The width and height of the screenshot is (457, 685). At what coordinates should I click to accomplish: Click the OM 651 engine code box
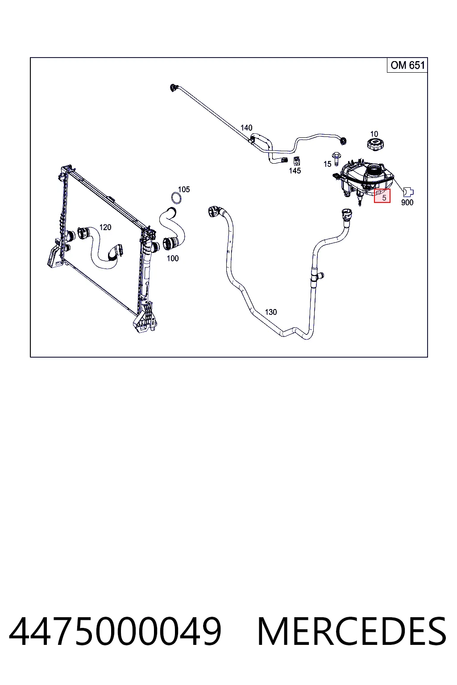[x=407, y=65]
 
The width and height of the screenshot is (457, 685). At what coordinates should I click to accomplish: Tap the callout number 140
[x=246, y=128]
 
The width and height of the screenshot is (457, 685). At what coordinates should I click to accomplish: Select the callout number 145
[x=295, y=171]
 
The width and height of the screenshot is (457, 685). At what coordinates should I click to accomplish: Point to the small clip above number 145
[x=296, y=161]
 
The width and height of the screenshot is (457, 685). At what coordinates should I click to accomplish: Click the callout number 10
[x=374, y=134]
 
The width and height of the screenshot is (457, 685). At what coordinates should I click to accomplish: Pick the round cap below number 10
[x=375, y=144]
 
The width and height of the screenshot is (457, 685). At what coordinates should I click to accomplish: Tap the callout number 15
[x=327, y=164]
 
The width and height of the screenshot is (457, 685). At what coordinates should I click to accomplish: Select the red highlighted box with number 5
[x=382, y=196]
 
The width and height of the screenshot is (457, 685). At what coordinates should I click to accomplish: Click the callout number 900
[x=407, y=202]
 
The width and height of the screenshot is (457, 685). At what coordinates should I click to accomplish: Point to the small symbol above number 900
[x=408, y=192]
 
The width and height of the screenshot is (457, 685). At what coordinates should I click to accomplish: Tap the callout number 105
[x=184, y=189]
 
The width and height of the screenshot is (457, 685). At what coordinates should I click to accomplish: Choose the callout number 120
[x=105, y=227]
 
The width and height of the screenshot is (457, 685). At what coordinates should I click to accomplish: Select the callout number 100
[x=173, y=258]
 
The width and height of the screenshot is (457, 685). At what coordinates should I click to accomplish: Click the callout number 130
[x=270, y=312]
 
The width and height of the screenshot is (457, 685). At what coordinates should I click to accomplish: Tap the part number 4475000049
[x=115, y=631]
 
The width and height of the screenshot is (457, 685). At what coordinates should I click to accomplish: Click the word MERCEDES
[x=352, y=631]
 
